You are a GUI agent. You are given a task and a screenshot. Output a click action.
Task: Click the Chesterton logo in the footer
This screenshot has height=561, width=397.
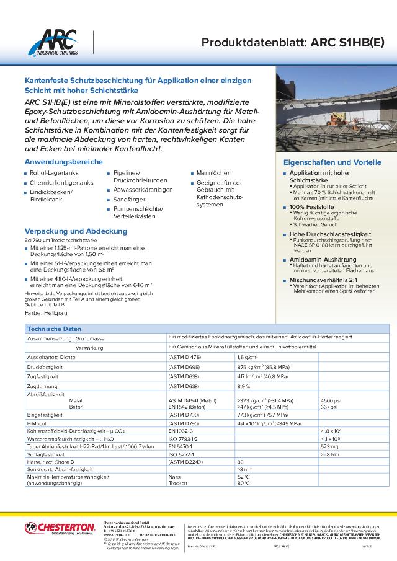60,528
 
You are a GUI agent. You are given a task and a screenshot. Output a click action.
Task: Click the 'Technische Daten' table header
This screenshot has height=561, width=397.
55,328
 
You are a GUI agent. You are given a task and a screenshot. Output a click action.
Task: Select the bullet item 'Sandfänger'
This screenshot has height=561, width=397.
129,200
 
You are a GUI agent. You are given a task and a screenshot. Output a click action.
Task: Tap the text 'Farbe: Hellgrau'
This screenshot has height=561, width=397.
46,314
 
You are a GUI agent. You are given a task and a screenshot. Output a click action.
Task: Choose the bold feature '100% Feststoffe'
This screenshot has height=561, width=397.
312,206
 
